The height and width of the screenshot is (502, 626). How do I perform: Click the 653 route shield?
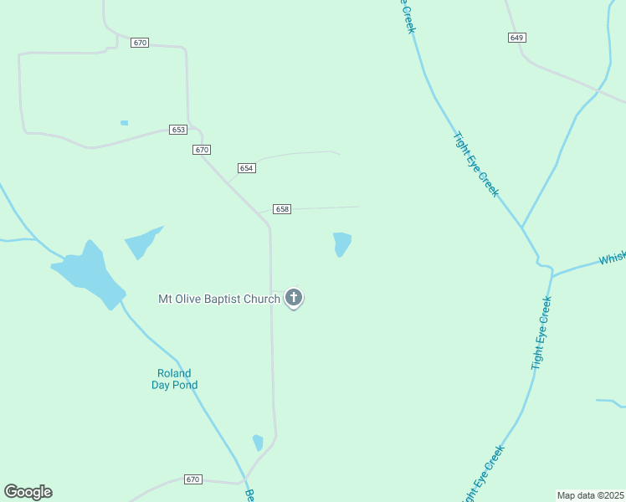tap(178, 130)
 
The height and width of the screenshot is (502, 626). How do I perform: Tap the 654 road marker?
tap(246, 168)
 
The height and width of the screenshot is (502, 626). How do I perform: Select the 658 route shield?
tap(282, 208)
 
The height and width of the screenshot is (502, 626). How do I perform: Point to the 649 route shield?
tap(516, 38)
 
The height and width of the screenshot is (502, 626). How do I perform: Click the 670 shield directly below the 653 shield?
tap(201, 150)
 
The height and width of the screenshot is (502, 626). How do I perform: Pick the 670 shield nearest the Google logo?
tap(193, 479)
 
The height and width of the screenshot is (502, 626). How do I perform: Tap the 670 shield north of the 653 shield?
tap(140, 43)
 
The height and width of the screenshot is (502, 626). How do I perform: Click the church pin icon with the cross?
tap(294, 297)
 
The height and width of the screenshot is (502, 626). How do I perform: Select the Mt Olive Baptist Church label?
tap(219, 299)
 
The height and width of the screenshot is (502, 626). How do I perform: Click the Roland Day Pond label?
tap(174, 379)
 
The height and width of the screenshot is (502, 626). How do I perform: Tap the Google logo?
tap(28, 492)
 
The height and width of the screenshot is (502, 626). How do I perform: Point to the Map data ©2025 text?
tap(591, 495)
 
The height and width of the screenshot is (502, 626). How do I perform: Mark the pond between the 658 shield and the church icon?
tap(341, 243)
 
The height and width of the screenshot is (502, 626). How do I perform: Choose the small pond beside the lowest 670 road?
tap(258, 443)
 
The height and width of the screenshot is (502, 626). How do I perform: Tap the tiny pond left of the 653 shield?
tap(124, 123)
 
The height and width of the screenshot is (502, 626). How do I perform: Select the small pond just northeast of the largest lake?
tap(141, 243)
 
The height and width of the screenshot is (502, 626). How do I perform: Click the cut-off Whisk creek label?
tap(612, 259)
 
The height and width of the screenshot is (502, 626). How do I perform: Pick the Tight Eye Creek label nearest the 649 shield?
tap(475, 164)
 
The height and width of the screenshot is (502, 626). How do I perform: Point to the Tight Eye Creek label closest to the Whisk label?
tap(541, 333)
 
